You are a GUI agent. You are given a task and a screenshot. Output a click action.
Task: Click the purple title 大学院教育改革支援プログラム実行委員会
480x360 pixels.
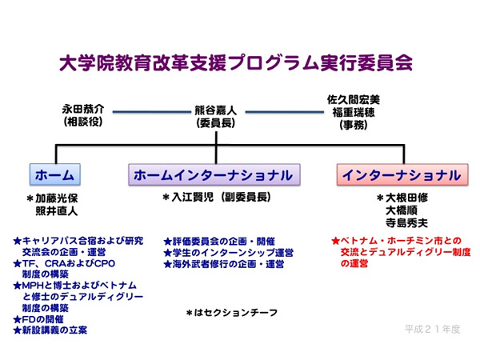coord(236,63)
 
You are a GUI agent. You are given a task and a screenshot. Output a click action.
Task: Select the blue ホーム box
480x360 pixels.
coord(55,174)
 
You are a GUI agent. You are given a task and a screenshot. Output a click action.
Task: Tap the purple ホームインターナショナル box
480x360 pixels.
coord(214,174)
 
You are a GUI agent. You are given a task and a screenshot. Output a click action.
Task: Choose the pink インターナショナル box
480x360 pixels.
coord(402,174)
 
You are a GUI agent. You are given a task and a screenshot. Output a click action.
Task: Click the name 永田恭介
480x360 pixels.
coord(83,109)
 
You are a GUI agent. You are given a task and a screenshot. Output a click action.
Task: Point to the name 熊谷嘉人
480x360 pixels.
coord(216,110)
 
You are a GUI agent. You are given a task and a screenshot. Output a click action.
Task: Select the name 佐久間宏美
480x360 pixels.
coord(354,99)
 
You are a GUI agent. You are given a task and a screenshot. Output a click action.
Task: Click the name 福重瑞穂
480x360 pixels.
coord(354,112)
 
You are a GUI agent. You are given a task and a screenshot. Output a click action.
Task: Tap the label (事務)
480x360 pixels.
coord(354,125)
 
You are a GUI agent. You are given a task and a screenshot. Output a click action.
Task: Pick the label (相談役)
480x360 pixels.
coord(83,122)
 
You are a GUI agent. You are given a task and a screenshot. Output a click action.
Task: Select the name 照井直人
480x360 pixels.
coord(57,211)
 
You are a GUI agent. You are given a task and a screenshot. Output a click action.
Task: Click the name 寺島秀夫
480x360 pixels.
coord(406,223)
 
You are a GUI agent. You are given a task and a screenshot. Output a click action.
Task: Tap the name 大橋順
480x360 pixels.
coord(402,210)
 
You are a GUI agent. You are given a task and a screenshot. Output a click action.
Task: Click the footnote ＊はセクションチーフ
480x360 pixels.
coord(232,313)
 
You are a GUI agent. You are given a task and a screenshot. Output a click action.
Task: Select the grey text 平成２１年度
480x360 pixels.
coord(433,330)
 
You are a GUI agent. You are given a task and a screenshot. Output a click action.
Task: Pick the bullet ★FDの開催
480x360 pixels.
coord(38,319)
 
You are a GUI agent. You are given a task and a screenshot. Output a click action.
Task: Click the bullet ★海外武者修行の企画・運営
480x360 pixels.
coord(224,264)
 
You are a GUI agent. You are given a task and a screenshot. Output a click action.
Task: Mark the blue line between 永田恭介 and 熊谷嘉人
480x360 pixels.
coord(152,112)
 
